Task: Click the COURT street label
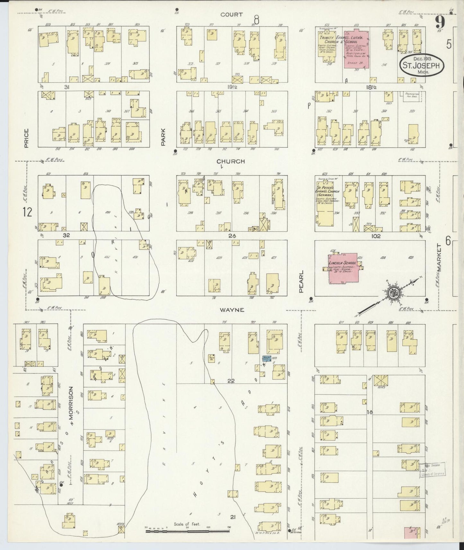(232, 14)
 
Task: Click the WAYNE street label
(232, 310)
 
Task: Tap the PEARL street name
(301, 281)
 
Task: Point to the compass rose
(393, 294)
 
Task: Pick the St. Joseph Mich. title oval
(422, 65)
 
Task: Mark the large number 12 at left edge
(28, 212)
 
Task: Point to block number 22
(231, 381)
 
